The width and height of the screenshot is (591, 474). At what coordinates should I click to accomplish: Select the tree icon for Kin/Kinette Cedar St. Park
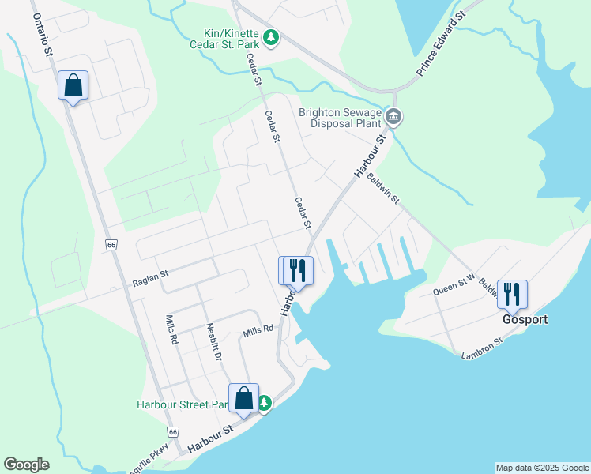271,37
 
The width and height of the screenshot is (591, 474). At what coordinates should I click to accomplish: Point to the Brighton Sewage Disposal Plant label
341,118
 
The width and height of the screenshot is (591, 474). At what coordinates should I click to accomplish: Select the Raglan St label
151,275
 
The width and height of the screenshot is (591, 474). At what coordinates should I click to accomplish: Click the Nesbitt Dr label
212,341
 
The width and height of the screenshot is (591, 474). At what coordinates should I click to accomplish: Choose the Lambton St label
482,348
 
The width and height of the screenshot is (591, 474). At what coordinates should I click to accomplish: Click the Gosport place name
525,320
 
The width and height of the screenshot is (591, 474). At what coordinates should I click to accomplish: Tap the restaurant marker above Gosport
512,295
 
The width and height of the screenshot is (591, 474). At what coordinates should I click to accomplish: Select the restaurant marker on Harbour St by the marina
298,270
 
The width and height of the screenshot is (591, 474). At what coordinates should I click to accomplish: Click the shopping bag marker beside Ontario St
73,85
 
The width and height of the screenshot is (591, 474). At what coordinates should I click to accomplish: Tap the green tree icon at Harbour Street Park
265,404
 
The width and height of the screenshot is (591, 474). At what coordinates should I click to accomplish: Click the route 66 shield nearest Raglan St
111,246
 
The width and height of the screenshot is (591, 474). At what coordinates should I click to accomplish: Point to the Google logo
26,465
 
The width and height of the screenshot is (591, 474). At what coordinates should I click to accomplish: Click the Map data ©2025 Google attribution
542,468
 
